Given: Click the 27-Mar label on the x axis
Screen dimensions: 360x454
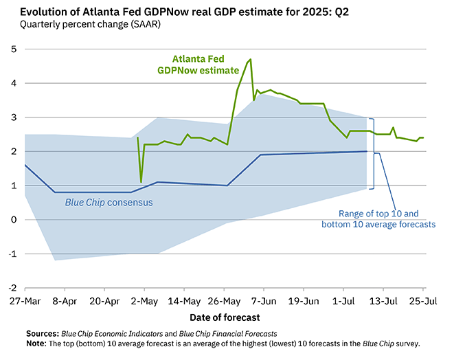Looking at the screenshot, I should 25,301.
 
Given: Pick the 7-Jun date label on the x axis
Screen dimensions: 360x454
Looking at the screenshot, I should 263,301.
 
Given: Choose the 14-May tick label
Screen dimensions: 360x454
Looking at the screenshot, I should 184,301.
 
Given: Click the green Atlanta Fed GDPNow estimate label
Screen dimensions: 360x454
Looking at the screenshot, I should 207,65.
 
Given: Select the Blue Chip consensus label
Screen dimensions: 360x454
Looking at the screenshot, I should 109,203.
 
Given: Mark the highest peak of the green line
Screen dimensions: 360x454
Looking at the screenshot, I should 251,60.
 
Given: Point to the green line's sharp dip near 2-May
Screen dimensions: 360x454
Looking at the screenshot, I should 141,182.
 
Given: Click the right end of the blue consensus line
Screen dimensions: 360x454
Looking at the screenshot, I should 366,151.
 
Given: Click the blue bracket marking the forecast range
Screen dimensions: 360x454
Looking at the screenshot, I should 372,153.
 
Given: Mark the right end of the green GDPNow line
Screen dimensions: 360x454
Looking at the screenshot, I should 423,137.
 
